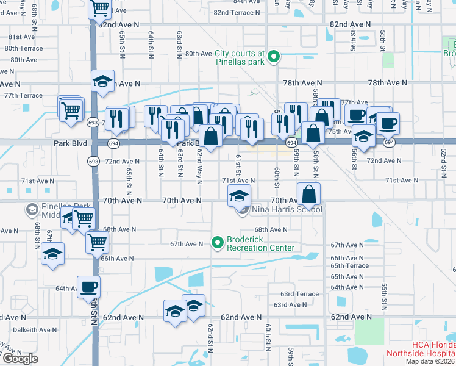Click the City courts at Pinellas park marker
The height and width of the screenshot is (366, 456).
coord(274,58)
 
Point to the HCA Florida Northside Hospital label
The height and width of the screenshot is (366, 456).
coord(420,349)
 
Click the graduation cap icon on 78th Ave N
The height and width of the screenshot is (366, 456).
coord(103,81)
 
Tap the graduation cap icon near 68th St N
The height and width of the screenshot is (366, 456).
coord(53,253)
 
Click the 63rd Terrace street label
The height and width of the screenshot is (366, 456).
coord(299,294)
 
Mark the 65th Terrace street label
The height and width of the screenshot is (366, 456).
coord(349,266)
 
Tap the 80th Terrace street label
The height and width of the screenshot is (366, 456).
coord(24,48)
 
